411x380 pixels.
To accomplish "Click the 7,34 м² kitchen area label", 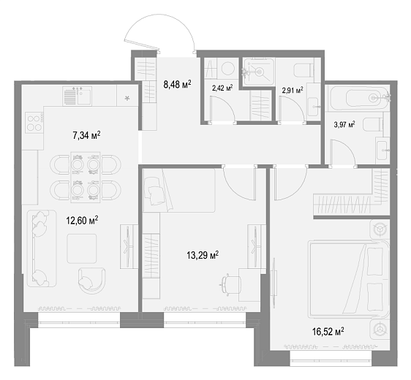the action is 86,136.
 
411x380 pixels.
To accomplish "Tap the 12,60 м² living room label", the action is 82,220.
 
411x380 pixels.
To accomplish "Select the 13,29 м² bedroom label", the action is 203,255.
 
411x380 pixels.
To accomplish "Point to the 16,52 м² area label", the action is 328,332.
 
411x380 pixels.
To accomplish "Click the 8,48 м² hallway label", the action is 177,84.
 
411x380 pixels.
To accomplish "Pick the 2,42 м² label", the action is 222,88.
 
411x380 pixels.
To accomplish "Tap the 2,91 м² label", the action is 293,91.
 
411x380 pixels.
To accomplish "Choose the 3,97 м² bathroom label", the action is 344,124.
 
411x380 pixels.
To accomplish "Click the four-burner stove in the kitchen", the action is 34,123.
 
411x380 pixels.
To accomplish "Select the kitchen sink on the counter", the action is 77,96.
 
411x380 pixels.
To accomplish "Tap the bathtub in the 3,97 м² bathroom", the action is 358,98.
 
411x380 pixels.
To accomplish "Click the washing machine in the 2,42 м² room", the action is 227,69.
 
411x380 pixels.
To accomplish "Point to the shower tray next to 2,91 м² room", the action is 259,72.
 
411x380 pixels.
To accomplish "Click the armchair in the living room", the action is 91,281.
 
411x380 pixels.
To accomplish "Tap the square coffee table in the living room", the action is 81,248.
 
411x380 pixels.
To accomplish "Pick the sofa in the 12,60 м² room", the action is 42,248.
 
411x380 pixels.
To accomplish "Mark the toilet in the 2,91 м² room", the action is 303,70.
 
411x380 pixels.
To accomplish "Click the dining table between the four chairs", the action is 86,177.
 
